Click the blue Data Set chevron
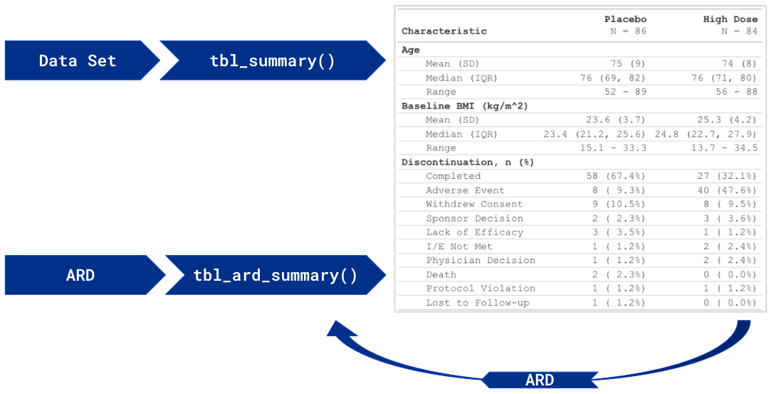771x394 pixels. [79, 61]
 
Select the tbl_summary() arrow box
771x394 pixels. [273, 61]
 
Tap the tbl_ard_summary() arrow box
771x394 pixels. [276, 275]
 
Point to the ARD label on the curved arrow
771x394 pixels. [540, 380]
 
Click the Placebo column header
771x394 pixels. [626, 19]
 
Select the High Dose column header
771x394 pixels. [730, 19]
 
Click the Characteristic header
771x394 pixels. [444, 31]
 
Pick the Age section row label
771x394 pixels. [411, 50]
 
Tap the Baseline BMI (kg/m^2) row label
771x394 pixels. [465, 106]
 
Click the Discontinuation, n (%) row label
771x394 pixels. [468, 162]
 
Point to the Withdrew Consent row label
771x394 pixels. [475, 204]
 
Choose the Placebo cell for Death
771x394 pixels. [619, 274]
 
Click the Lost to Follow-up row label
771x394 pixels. [478, 303]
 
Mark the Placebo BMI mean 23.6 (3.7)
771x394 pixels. [616, 120]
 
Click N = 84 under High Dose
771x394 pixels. [740, 31]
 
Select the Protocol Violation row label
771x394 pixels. [481, 289]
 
